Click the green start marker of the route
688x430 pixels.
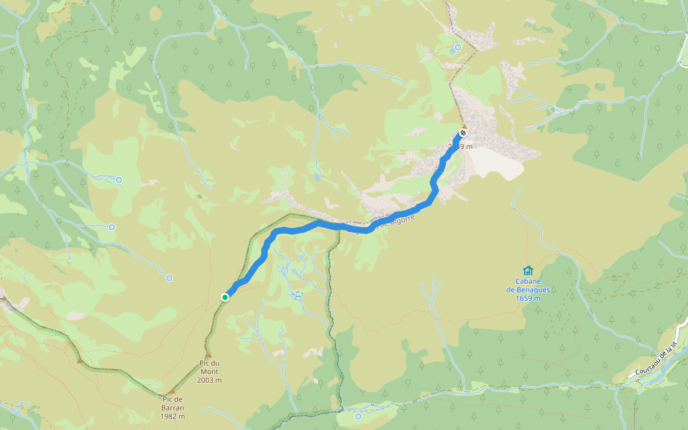225,297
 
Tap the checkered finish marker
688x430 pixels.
464,133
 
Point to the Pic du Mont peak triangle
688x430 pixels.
209,355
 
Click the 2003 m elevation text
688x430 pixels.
210,380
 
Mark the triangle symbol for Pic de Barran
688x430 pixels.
172,391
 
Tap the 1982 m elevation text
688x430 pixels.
173,416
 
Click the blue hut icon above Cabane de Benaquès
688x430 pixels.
528,270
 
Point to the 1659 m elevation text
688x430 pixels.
528,298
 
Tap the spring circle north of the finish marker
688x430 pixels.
457,47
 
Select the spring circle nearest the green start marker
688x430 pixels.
169,277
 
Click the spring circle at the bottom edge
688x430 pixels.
358,416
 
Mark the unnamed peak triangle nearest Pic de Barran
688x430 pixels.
80,360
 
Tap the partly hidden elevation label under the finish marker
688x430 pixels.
460,146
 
